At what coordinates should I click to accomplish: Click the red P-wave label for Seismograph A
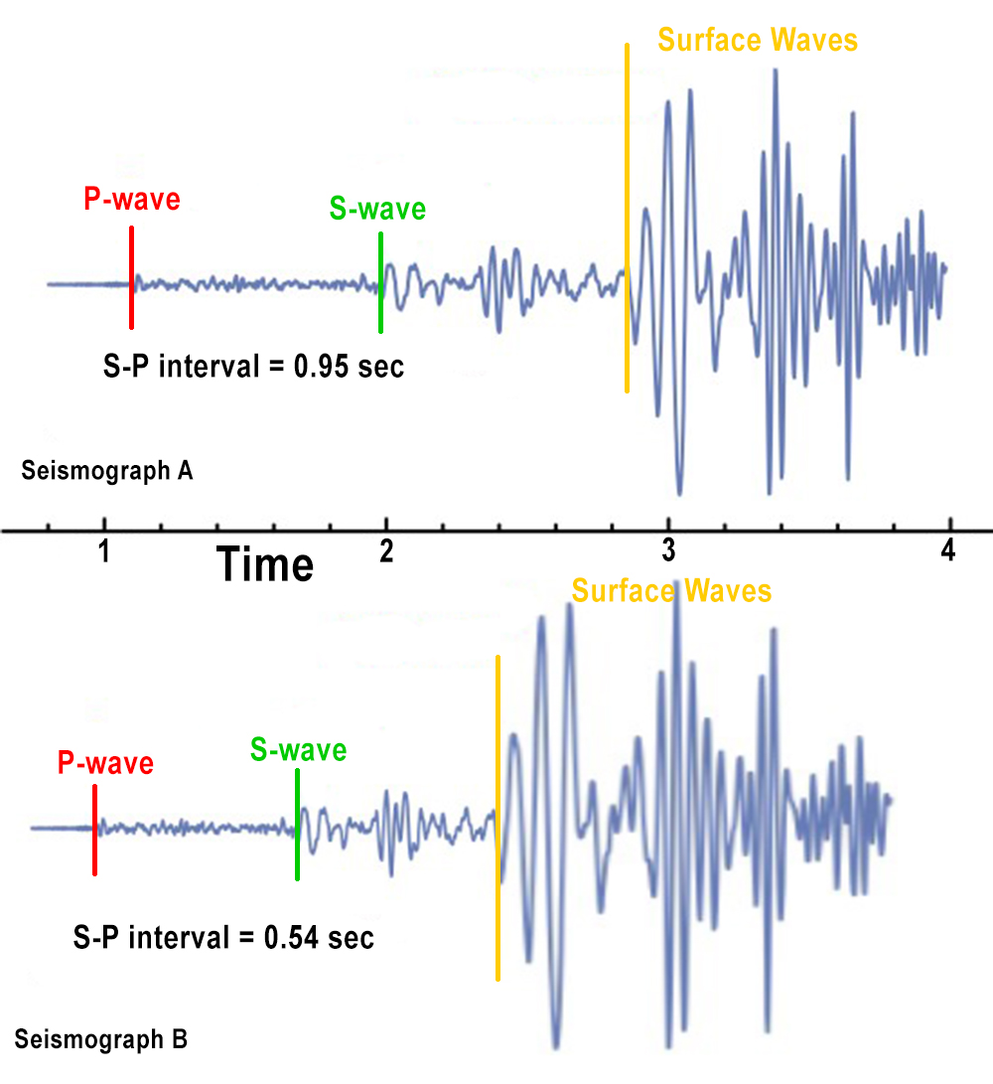click(x=132, y=199)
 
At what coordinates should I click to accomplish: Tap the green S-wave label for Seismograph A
click(x=377, y=210)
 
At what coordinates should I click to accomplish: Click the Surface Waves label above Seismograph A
click(x=758, y=41)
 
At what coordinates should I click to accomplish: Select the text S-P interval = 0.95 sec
click(x=253, y=366)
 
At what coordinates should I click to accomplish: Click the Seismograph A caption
click(x=107, y=470)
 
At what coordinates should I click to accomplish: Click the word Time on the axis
click(x=266, y=565)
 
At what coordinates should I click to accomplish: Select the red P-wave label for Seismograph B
click(x=105, y=764)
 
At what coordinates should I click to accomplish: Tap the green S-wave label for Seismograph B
click(x=299, y=750)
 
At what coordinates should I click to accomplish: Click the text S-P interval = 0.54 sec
click(x=223, y=936)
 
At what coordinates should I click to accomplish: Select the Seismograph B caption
click(x=101, y=1040)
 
